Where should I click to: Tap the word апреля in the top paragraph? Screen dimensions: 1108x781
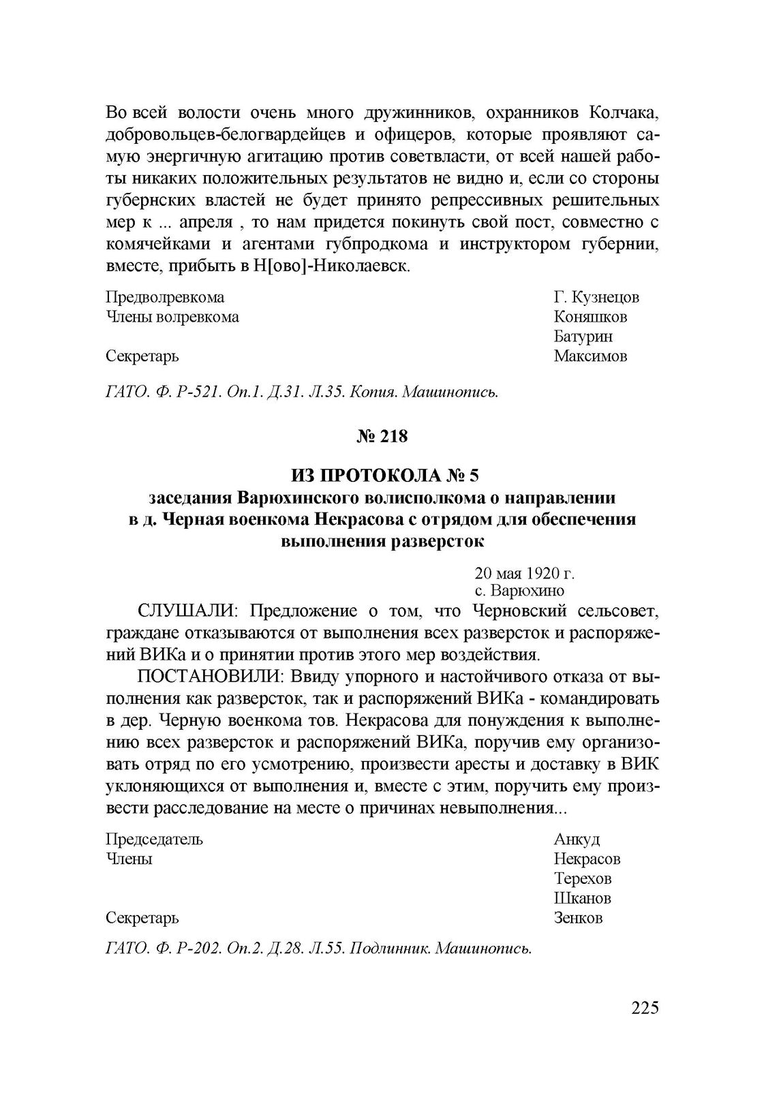click(198, 223)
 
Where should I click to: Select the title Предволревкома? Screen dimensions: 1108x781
click(166, 298)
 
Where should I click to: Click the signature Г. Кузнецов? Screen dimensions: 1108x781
click(596, 298)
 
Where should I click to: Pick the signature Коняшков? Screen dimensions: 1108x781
click(591, 317)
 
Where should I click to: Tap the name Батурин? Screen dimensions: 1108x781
click(583, 336)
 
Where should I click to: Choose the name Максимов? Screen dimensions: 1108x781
click(591, 356)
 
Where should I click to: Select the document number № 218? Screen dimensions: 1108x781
click(382, 436)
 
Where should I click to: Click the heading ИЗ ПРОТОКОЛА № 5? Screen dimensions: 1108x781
click(382, 474)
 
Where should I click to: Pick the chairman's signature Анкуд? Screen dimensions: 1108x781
click(577, 839)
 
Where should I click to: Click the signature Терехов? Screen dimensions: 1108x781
click(583, 878)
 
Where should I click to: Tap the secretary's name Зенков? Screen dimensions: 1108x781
click(579, 918)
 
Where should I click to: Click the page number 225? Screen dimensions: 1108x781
click(645, 1008)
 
